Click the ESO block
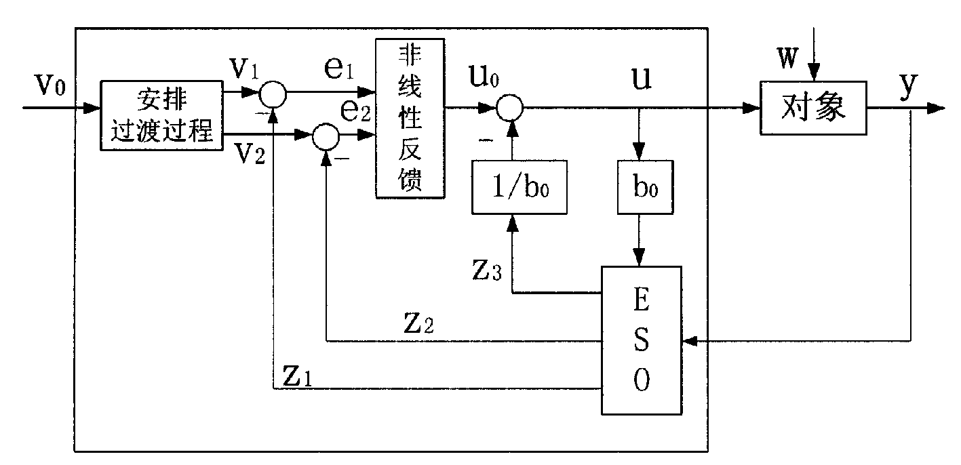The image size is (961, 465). click(x=642, y=340)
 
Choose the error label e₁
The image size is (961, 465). click(x=335, y=69)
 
